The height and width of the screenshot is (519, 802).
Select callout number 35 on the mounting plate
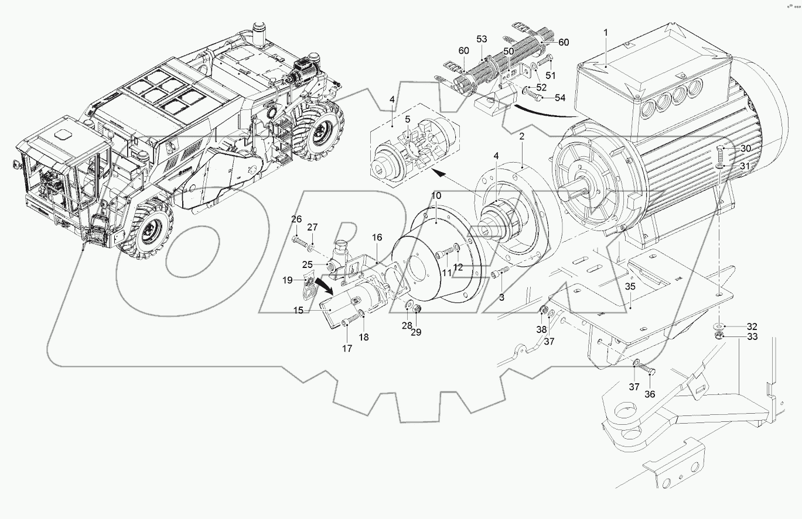point(630,287)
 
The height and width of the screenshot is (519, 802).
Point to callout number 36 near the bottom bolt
point(650,394)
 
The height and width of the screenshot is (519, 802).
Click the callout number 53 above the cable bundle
point(482,39)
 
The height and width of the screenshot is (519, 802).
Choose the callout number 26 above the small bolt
point(297,219)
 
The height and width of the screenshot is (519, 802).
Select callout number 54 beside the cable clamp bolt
point(560,97)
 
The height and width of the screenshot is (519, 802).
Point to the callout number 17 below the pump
point(347,348)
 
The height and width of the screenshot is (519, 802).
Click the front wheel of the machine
point(148,227)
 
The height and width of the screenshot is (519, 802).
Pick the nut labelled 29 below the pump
point(417,308)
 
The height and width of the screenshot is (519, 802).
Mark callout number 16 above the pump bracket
point(377,237)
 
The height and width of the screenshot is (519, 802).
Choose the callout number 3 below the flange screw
point(501,298)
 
